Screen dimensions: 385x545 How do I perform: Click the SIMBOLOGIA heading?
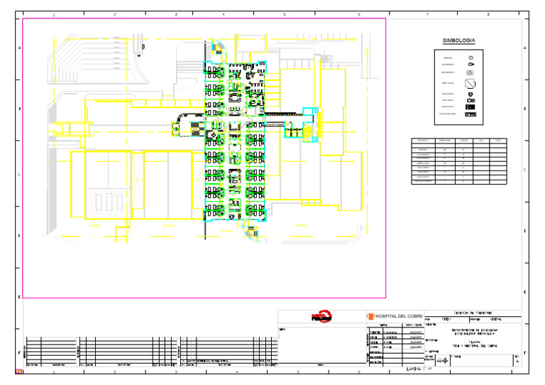pos(458,41)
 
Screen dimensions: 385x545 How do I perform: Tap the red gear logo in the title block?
pos(321,317)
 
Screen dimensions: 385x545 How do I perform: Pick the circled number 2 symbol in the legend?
pos(470,93)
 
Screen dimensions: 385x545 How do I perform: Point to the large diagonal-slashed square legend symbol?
pos(470,82)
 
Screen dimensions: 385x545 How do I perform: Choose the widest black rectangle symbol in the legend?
pos(470,114)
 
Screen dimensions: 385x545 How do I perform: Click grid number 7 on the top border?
pos(427,14)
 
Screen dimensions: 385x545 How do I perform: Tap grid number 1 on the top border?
pos(54,14)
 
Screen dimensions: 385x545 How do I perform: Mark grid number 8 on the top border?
pos(489,14)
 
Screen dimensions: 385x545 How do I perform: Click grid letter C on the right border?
pos(524,170)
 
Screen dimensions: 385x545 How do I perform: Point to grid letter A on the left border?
pos(19,48)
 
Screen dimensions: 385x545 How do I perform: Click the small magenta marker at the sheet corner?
pos(19,372)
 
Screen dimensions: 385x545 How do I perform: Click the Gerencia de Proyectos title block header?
pos(473,313)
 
